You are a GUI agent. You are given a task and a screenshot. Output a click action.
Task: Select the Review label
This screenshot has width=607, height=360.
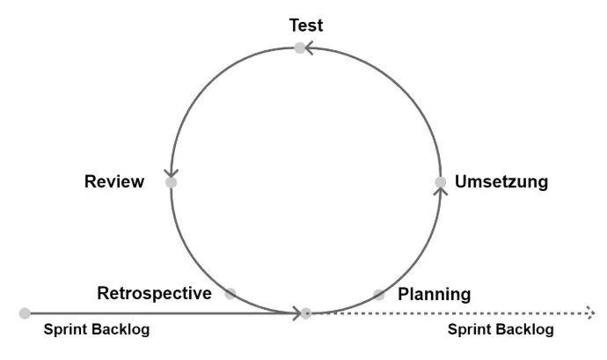pyautogui.click(x=113, y=182)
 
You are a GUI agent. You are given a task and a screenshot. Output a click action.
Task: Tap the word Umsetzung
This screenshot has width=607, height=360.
pyautogui.click(x=501, y=182)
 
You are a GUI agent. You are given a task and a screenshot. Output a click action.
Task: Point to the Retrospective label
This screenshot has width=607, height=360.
pyautogui.click(x=154, y=293)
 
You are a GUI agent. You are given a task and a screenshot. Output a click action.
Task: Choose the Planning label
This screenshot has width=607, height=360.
pyautogui.click(x=435, y=293)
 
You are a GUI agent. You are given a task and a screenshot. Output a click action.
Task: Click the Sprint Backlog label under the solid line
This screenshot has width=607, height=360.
pyautogui.click(x=97, y=330)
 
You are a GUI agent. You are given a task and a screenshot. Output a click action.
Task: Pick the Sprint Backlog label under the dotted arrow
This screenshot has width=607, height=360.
pyautogui.click(x=501, y=330)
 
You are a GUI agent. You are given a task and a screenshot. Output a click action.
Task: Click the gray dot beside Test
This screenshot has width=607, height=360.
pyautogui.click(x=300, y=48)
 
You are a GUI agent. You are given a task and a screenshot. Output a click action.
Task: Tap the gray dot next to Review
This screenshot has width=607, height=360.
pyautogui.click(x=171, y=182)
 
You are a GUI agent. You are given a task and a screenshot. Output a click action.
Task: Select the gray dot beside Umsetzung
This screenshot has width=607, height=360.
pyautogui.click(x=441, y=182)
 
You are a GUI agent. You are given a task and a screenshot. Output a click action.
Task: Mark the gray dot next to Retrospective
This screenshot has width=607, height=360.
pyautogui.click(x=230, y=293)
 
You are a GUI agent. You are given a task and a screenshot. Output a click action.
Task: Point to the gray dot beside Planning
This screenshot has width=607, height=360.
pyautogui.click(x=378, y=294)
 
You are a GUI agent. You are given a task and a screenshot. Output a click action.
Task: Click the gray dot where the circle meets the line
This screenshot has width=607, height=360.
pyautogui.click(x=305, y=312)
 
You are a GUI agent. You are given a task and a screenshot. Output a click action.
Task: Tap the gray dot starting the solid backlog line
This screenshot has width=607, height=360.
pyautogui.click(x=25, y=312)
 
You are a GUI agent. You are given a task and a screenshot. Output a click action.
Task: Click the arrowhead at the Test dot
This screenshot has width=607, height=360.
pyautogui.click(x=311, y=48)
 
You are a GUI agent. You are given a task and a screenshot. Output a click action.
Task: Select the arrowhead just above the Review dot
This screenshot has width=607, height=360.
pyautogui.click(x=171, y=173)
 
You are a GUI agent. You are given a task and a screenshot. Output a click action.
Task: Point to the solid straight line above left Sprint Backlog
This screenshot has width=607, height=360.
pyautogui.click(x=158, y=312)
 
